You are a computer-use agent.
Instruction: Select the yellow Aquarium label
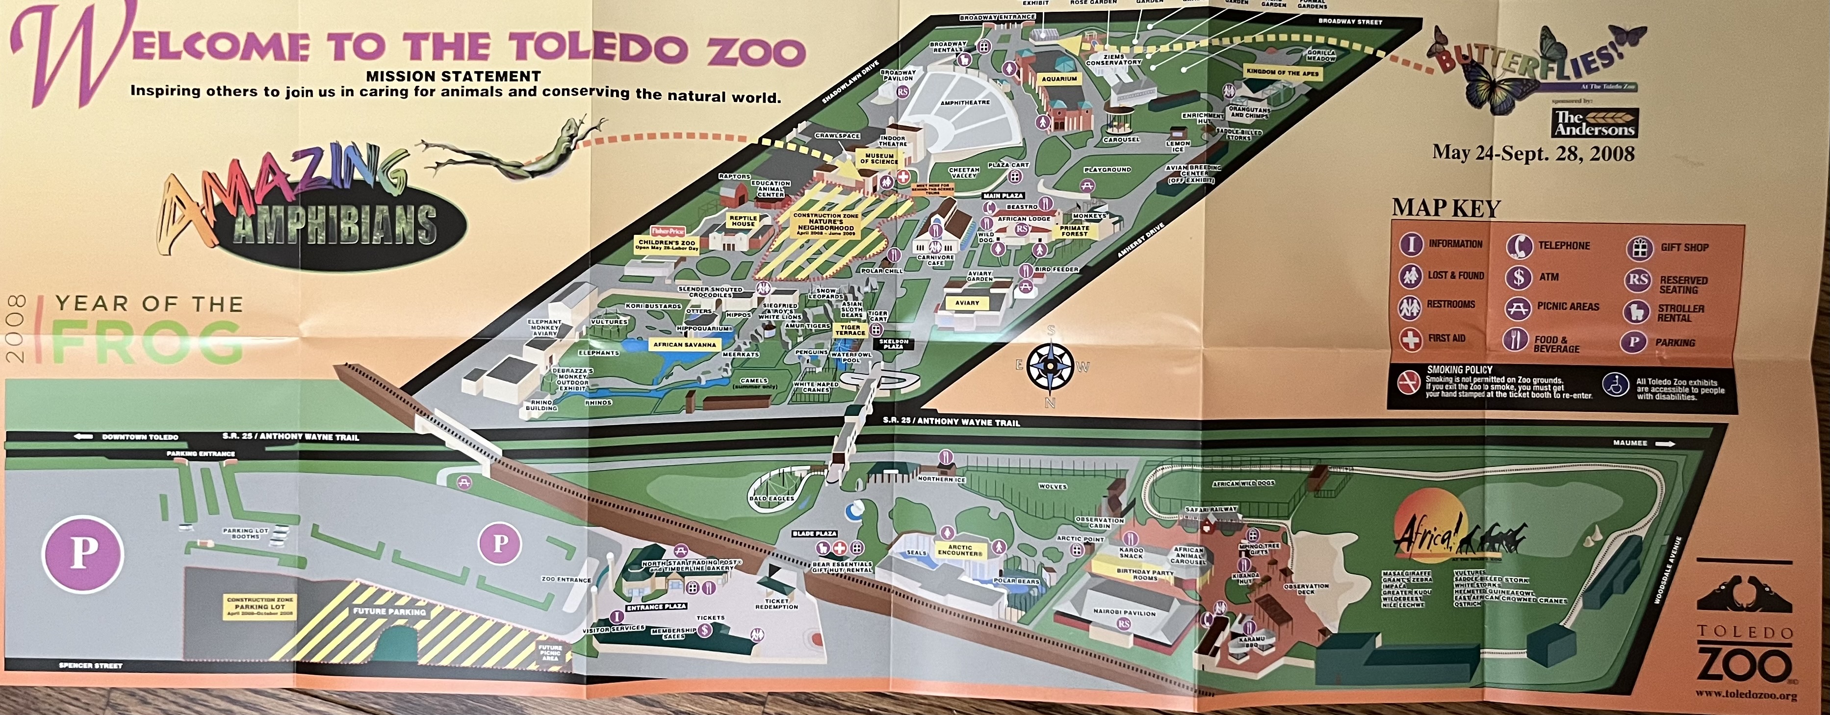point(1059,79)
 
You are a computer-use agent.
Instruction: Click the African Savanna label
point(685,344)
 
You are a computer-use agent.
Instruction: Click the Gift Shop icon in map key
point(1640,248)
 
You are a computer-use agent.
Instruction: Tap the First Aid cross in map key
point(1410,339)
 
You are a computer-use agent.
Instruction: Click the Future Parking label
point(389,611)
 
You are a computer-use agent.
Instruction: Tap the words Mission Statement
point(453,76)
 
